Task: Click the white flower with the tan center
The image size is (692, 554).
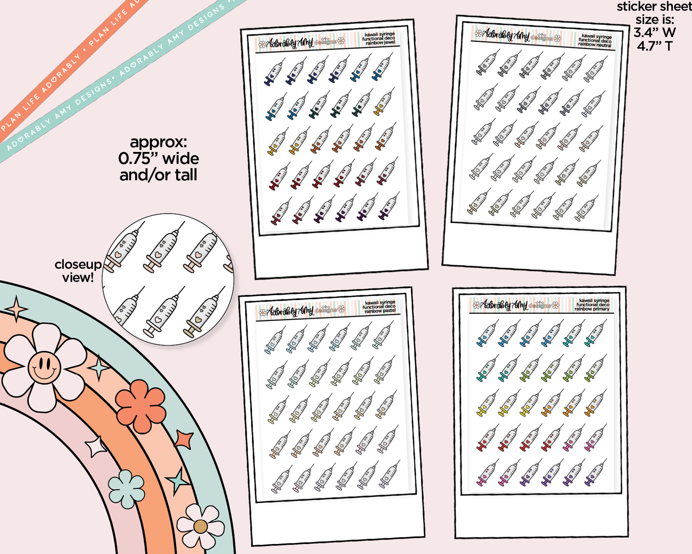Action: click(200, 527)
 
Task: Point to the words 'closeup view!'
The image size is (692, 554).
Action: click(78, 271)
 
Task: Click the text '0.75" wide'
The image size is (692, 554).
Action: click(159, 159)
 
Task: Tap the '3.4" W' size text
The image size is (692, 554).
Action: click(654, 33)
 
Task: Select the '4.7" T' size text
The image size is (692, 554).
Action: click(654, 46)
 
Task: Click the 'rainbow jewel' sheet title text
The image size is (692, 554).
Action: click(380, 43)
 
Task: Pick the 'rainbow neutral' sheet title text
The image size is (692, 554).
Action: click(594, 44)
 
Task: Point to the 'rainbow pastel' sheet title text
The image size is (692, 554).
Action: click(380, 311)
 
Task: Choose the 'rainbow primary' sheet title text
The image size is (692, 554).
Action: click(592, 309)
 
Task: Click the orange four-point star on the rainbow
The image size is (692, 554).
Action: click(183, 440)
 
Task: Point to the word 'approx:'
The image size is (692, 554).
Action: click(159, 142)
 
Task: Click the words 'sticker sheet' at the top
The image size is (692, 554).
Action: click(654, 7)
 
